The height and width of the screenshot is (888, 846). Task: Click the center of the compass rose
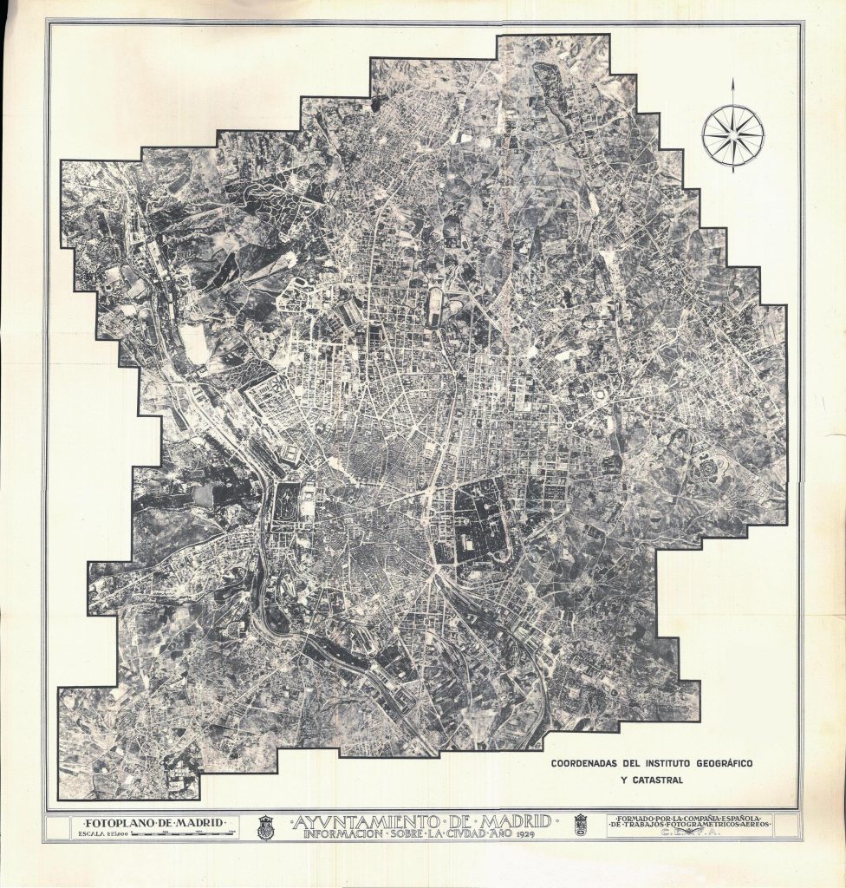point(732,134)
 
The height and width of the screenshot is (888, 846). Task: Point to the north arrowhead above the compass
point(732,85)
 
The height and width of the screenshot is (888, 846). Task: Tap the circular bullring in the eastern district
point(600,395)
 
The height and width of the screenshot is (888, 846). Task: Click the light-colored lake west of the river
point(205,495)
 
